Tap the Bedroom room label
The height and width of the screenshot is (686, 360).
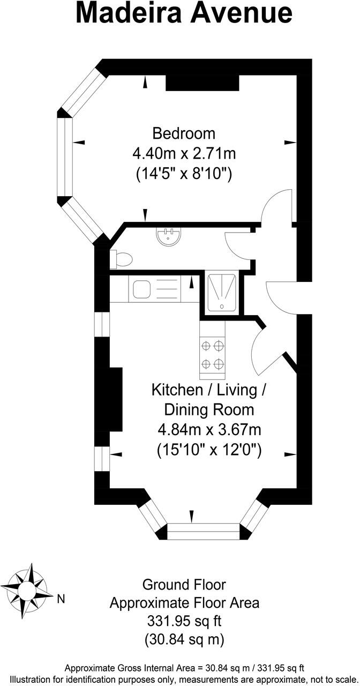point(184,133)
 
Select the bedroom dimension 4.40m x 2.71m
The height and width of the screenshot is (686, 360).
point(184,154)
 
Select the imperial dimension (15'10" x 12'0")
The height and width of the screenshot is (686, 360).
point(209,450)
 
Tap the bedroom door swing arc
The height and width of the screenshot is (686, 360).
point(276,206)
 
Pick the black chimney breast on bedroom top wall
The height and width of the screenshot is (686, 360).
point(201,83)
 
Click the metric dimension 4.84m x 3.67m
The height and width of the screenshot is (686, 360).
point(209,430)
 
